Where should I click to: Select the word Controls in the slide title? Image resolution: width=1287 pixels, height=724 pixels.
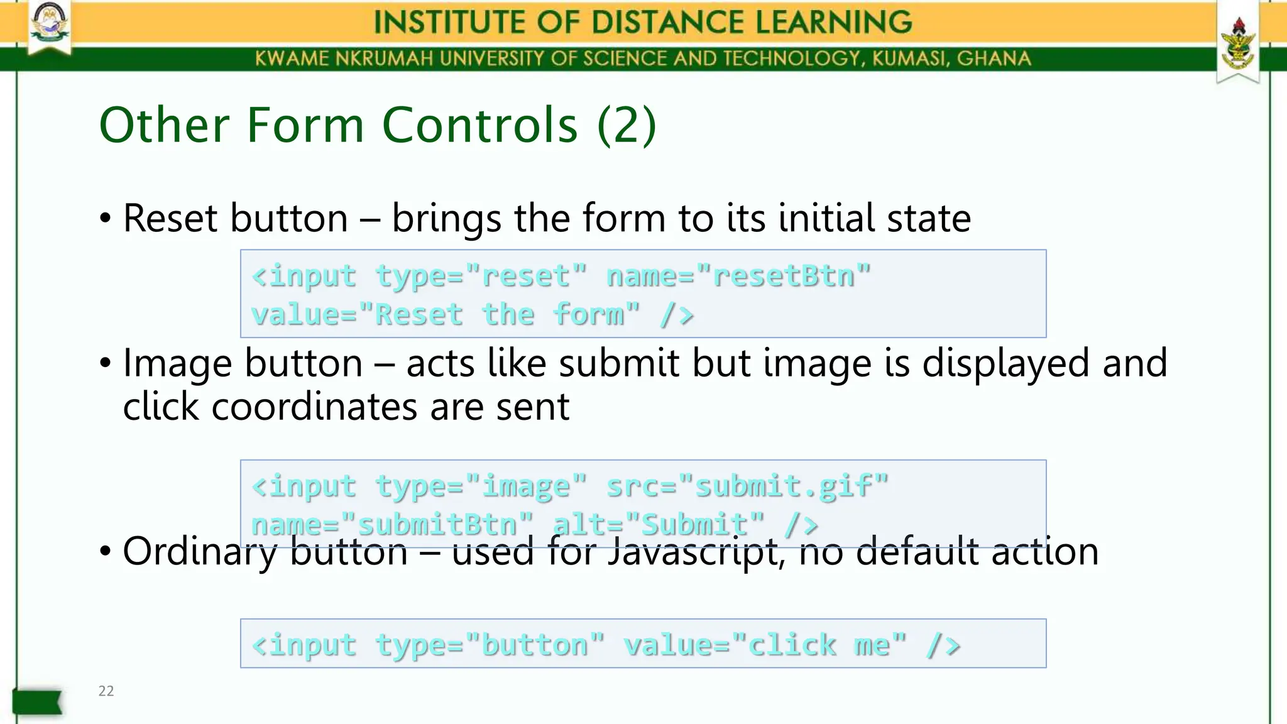[479, 125]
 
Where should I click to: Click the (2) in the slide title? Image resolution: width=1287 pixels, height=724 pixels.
[627, 125]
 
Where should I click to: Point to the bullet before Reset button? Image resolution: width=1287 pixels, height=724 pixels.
[106, 219]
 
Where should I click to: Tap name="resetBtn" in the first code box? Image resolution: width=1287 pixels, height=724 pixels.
[738, 276]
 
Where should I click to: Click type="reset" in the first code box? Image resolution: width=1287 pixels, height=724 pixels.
[481, 276]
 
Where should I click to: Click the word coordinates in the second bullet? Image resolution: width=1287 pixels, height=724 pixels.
[315, 407]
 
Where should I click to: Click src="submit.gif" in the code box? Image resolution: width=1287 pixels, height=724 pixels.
[747, 486]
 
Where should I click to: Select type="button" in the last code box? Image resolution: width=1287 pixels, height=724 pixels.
[490, 645]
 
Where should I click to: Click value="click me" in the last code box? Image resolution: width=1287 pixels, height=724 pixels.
[765, 645]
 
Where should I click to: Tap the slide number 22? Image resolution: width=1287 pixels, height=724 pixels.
[106, 691]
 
